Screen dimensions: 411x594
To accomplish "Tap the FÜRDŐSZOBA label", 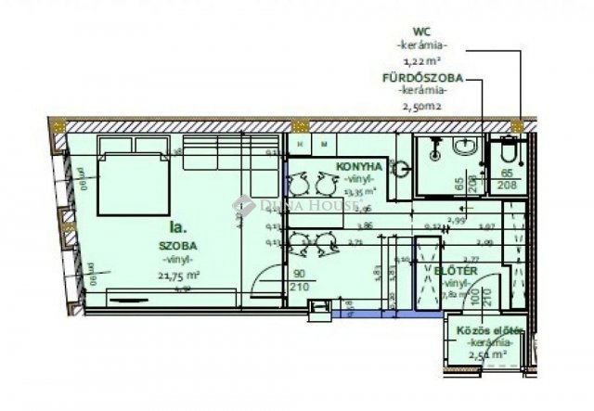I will click(422, 78).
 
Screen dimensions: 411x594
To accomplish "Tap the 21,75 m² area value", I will click(181, 275).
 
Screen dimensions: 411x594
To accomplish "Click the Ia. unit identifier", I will click(177, 225).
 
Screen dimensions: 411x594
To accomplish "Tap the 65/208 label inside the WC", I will click(508, 179).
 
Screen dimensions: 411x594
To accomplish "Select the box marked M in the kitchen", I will click(324, 146).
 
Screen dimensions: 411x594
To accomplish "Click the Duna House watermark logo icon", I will click(242, 203).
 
